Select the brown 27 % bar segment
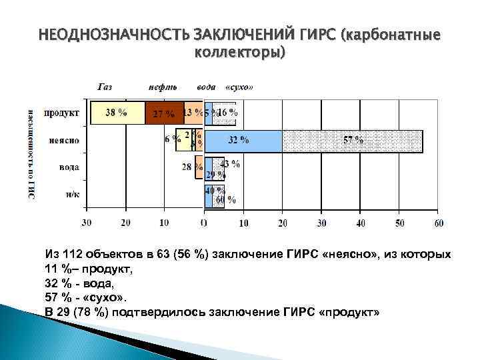click(x=164, y=113)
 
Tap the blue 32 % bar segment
click(x=243, y=141)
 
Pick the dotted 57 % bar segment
click(x=352, y=141)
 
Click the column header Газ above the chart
click(x=105, y=87)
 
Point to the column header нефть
click(x=163, y=87)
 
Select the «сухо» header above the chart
click(x=239, y=87)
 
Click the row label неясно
click(x=65, y=141)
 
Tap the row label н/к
click(x=72, y=194)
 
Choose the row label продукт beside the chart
click(x=63, y=113)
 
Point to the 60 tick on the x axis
click(x=438, y=223)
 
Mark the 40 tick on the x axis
click(x=360, y=223)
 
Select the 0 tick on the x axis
click(x=204, y=223)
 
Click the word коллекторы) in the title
click(x=239, y=51)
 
